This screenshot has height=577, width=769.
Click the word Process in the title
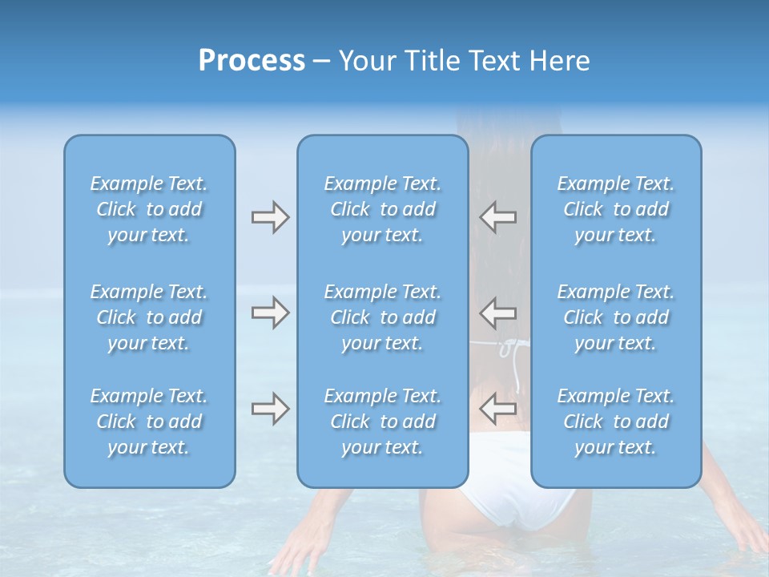(252, 61)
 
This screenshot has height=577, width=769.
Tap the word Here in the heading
(559, 61)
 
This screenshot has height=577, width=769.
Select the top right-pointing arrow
(270, 217)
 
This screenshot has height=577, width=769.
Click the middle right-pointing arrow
(270, 313)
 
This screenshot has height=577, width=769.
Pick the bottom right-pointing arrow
(270, 409)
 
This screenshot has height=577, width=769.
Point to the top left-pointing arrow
(497, 217)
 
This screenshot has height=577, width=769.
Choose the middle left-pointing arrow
(497, 313)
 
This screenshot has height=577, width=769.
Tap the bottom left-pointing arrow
(497, 409)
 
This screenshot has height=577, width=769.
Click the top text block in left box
(149, 209)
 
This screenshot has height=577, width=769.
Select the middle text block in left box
(149, 317)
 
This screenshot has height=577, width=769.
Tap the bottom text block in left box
(149, 422)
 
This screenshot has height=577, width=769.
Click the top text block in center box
(382, 209)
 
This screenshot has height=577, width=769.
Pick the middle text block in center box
(382, 317)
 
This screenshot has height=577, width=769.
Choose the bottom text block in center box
(382, 422)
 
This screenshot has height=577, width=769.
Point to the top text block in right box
(615, 209)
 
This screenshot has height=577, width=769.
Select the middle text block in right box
(615, 317)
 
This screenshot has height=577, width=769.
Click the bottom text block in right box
(615, 422)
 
